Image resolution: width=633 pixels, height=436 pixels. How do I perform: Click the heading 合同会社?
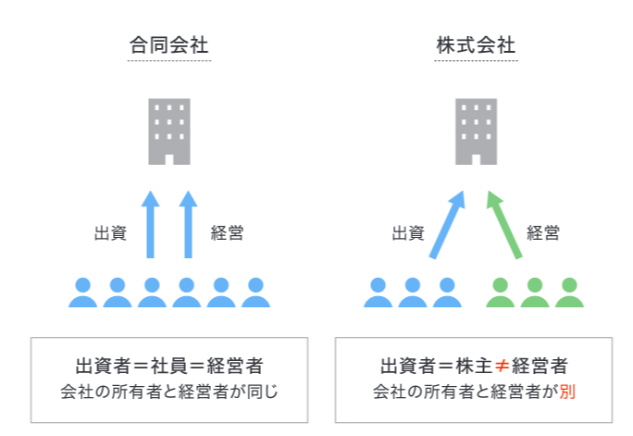click(x=168, y=45)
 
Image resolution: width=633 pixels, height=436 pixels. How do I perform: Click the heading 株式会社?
click(x=476, y=45)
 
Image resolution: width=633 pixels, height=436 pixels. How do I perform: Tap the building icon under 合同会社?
click(x=169, y=131)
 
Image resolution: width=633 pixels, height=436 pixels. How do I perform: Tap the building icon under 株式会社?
click(x=477, y=131)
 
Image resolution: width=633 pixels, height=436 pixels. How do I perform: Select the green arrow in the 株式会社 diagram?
click(x=503, y=224)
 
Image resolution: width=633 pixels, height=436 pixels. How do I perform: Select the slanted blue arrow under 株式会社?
click(x=448, y=224)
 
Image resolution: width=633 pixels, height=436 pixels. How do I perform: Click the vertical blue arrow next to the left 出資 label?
click(x=151, y=224)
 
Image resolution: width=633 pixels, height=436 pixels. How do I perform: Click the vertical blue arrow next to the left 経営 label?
click(x=188, y=224)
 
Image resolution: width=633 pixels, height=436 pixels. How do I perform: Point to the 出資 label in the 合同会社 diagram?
click(x=111, y=233)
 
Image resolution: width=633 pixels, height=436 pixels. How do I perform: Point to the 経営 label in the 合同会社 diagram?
click(x=228, y=233)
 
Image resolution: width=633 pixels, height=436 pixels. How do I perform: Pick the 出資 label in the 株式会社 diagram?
click(x=408, y=233)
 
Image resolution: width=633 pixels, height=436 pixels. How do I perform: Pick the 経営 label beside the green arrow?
click(x=543, y=233)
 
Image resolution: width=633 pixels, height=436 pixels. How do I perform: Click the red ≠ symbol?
click(x=502, y=366)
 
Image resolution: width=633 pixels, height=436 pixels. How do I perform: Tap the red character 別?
click(x=567, y=392)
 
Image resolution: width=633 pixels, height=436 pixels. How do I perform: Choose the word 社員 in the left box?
click(x=169, y=366)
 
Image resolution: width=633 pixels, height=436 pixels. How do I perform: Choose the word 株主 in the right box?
click(x=474, y=366)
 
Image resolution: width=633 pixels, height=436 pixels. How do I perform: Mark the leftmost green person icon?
click(x=500, y=293)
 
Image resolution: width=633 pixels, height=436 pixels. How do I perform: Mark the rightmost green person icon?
click(x=569, y=293)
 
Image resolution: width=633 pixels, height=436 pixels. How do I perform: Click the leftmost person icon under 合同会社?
click(x=82, y=293)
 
